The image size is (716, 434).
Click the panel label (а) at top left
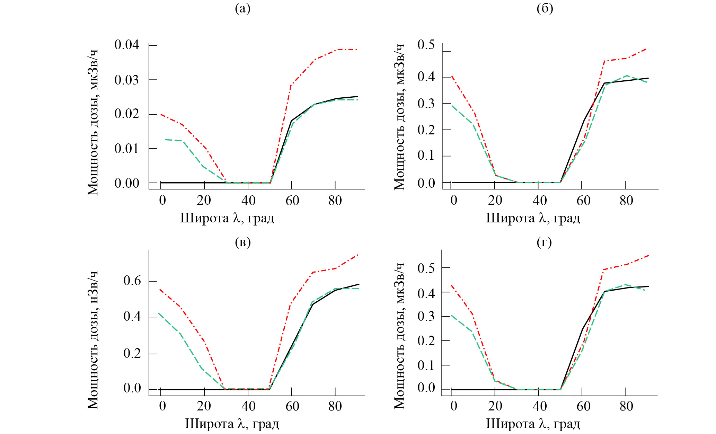coord(242,9)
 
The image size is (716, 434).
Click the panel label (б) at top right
coord(545,9)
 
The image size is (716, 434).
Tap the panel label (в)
coord(242,242)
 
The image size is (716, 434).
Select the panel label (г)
coord(544,242)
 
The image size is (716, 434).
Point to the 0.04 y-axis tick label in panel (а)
coord(127,45)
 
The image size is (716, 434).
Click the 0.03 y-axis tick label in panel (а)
coord(127,80)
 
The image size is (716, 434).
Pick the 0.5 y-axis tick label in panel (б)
coord(426,45)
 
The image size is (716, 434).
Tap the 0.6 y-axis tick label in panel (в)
coord(132,281)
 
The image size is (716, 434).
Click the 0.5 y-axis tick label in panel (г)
coord(426,268)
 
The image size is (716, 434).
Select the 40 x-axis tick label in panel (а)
coord(248,201)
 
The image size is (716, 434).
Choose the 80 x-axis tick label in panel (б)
coord(626,201)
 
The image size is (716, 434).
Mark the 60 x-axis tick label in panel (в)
coord(292,406)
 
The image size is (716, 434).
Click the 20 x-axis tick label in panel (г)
coord(495,406)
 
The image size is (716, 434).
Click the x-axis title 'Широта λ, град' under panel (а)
coord(227,218)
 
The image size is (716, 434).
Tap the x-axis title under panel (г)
coord(533,424)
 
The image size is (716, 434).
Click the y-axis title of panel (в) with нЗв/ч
coord(93,340)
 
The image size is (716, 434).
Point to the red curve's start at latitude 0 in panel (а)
coord(161,114)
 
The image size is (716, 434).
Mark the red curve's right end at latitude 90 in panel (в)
coord(358,255)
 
